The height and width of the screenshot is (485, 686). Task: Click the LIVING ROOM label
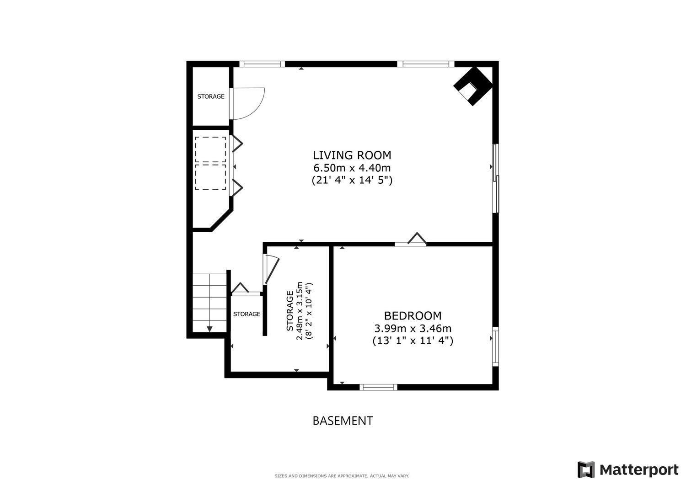pos(352,155)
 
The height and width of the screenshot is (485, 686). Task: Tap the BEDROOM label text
pos(413,316)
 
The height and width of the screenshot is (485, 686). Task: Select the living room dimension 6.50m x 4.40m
pos(352,168)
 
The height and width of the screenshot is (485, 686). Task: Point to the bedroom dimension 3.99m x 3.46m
pos(413,329)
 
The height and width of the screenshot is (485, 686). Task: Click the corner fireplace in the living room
pos(474,86)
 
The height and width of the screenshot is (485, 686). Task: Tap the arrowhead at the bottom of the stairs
pos(209,329)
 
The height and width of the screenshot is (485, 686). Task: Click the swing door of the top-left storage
pos(248,103)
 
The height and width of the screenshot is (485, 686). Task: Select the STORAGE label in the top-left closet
pos(211,96)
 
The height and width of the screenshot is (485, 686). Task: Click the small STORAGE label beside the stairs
pos(247,314)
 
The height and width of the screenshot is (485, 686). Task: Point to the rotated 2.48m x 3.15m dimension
pos(300,311)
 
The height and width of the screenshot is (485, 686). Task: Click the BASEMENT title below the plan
pos(343,421)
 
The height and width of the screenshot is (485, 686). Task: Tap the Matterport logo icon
pos(586,469)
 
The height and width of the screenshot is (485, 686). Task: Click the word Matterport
pos(639,470)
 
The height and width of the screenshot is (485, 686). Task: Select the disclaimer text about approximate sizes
pos(342,476)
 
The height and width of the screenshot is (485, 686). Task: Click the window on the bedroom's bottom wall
pos(378,387)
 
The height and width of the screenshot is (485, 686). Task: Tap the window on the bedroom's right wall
pos(495,346)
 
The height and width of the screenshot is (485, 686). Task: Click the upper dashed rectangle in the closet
pos(210,149)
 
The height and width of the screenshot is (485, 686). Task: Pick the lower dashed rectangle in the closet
pos(210,177)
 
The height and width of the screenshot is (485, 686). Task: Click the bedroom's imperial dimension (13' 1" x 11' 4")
pos(413,341)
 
